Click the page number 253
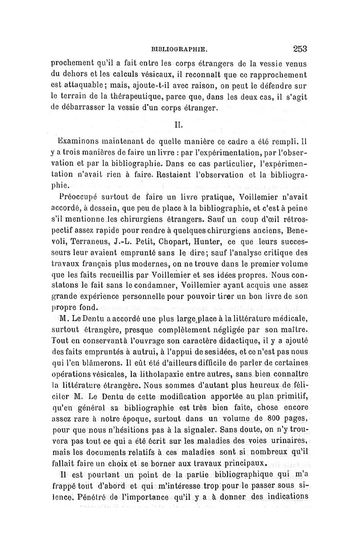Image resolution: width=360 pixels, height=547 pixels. pyautogui.click(x=299, y=48)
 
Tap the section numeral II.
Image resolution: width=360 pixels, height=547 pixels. pyautogui.click(x=178, y=122)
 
